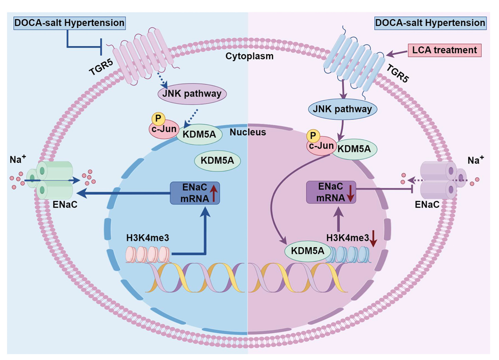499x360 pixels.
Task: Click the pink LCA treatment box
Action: [x=444, y=49]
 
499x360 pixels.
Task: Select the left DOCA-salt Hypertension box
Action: [x=69, y=22]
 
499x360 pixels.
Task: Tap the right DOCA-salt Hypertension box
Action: [x=430, y=22]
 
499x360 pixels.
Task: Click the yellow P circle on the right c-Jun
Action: [x=312, y=136]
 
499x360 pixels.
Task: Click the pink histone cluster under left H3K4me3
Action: [x=147, y=254]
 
